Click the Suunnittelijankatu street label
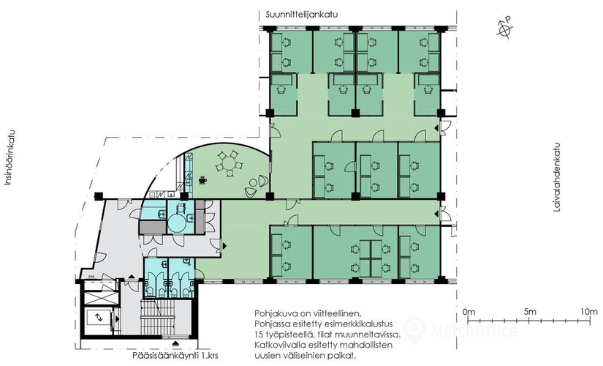(301, 15)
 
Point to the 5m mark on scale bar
(529, 320)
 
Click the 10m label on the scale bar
(589, 311)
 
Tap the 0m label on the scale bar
(469, 311)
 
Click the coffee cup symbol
(202, 180)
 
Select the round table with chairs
(230, 165)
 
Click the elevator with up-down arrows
(99, 318)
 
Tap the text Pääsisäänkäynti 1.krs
(172, 355)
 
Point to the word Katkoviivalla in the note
(277, 345)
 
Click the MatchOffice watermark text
(474, 331)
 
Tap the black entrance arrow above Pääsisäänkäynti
(175, 343)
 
